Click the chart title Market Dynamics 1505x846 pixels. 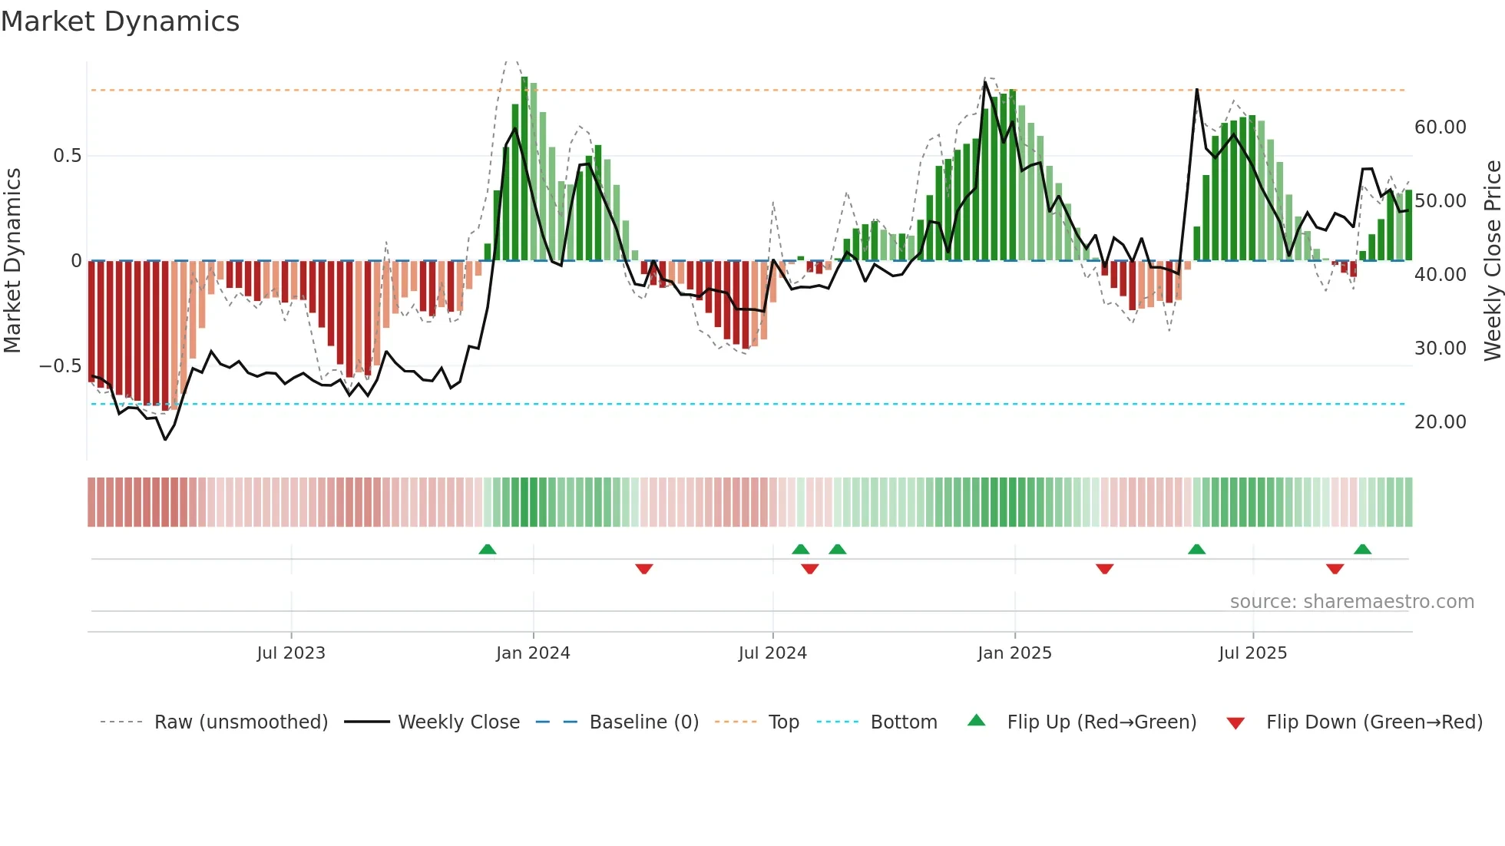click(x=120, y=21)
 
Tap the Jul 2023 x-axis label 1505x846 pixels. click(x=291, y=653)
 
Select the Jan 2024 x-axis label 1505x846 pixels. click(x=533, y=653)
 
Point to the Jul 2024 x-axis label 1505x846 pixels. click(x=772, y=653)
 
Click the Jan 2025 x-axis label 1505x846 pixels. click(x=1014, y=653)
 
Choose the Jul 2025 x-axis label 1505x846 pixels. click(x=1252, y=653)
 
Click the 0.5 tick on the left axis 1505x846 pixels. click(x=67, y=156)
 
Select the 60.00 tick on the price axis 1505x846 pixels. click(x=1440, y=127)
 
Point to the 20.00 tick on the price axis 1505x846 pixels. click(x=1440, y=422)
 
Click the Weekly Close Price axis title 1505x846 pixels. click(x=1492, y=261)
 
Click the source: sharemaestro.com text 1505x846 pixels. click(x=1351, y=602)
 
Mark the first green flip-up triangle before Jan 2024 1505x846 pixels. click(x=487, y=549)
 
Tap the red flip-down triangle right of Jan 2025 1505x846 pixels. click(x=1104, y=569)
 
